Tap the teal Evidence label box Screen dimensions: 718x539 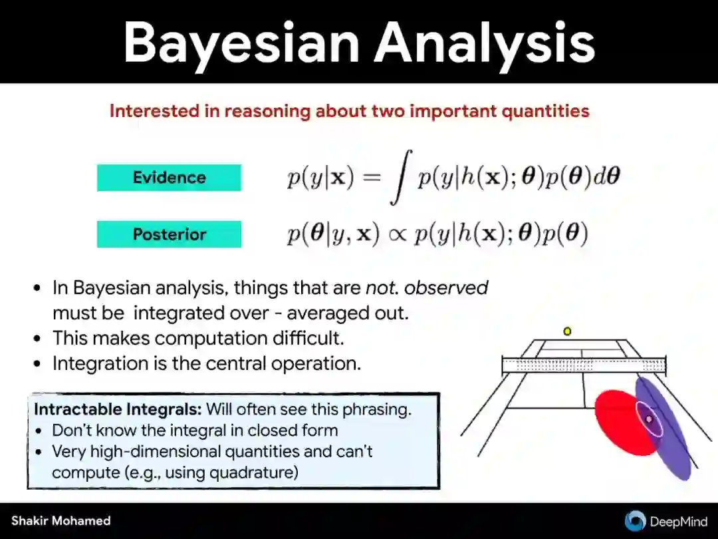point(169,178)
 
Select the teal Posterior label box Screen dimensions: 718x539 point(169,234)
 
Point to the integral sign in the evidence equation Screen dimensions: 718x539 point(402,177)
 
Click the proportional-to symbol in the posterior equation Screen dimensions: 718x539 point(396,235)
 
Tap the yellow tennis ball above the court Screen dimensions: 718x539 point(567,331)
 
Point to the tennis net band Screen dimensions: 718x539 point(584,365)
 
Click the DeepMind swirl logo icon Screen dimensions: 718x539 point(635,521)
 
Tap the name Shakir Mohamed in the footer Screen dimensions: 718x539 point(61,520)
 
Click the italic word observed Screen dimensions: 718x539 point(446,288)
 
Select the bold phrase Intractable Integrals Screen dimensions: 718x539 point(118,409)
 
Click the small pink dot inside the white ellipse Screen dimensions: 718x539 point(649,419)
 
